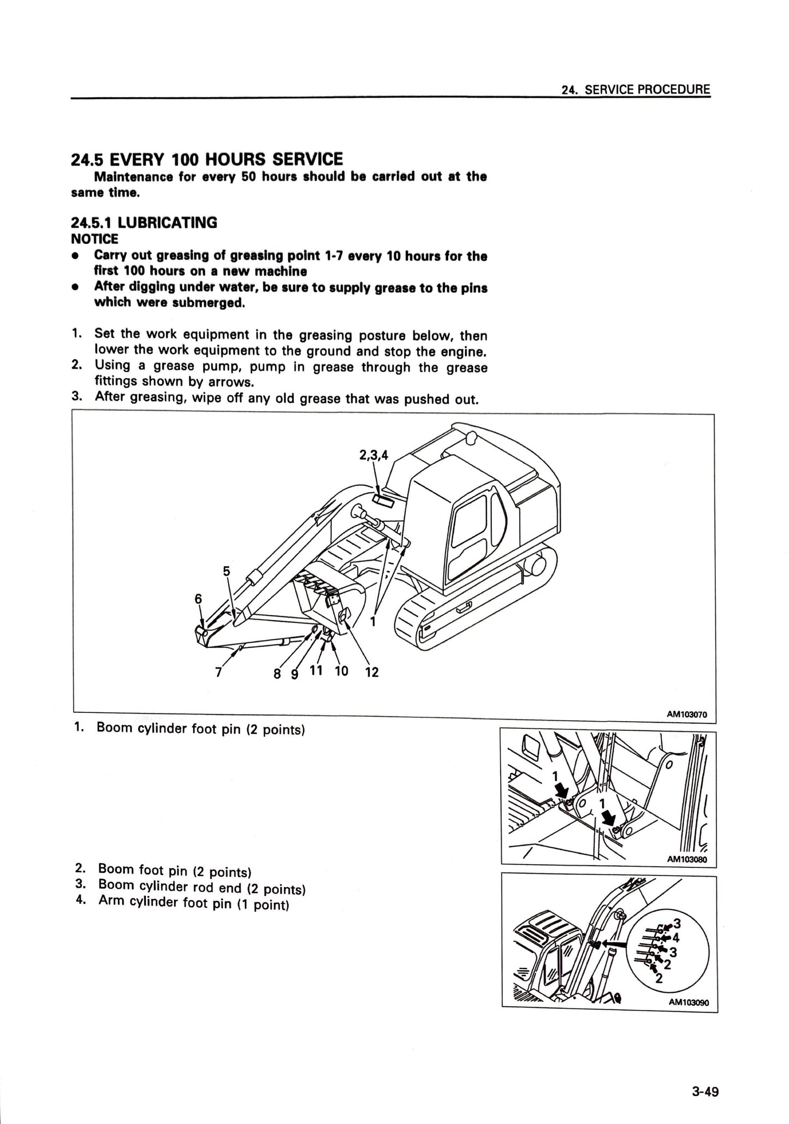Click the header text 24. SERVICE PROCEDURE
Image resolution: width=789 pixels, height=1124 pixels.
636,90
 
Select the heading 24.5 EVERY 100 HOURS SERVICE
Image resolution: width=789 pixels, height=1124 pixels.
207,159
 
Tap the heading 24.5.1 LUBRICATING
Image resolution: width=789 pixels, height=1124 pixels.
144,222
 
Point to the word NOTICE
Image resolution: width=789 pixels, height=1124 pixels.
94,239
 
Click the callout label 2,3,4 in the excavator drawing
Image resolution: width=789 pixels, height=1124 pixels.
373,455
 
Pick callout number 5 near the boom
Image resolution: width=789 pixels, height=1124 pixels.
227,572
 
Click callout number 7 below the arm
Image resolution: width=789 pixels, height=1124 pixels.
218,673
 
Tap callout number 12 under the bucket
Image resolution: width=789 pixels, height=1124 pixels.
372,672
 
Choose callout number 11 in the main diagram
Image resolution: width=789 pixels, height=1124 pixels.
316,670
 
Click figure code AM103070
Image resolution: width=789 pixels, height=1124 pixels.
687,713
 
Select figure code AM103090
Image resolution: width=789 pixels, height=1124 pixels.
689,1002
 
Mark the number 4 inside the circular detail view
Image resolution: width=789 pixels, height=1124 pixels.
676,938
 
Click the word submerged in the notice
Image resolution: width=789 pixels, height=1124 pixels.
208,302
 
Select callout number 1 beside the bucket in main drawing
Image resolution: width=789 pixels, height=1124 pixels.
373,621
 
